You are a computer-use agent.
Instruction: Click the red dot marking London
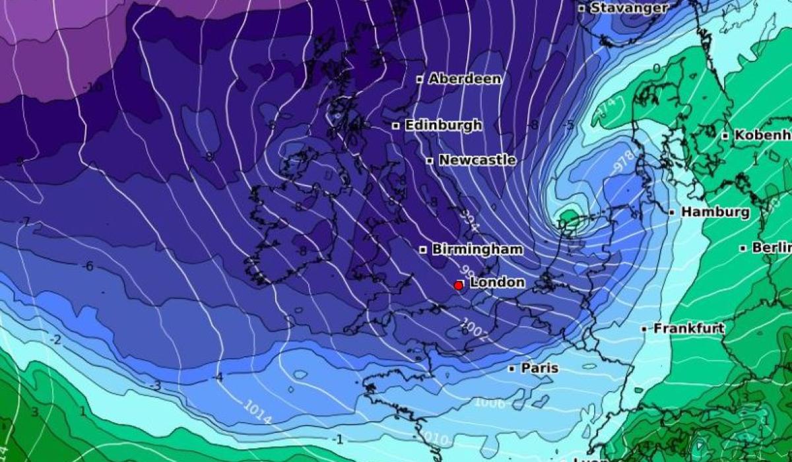[x=459, y=285]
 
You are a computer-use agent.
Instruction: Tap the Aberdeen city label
[x=465, y=79]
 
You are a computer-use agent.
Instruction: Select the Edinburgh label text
[x=443, y=125]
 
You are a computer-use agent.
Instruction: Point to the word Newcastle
[x=477, y=160]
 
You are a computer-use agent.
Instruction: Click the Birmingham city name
[x=477, y=249]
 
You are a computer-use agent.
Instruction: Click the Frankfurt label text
[x=689, y=328]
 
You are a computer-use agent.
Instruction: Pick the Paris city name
[x=540, y=368]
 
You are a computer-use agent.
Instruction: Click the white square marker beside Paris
[x=511, y=368]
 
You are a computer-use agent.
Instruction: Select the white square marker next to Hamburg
[x=672, y=213]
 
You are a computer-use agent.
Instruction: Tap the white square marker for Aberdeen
[x=420, y=79]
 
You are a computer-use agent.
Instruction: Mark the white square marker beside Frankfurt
[x=644, y=328]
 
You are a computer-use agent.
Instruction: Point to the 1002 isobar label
[x=475, y=328]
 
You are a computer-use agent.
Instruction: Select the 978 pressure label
[x=624, y=162]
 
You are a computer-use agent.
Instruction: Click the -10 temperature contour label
[x=94, y=86]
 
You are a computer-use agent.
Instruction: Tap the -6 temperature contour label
[x=88, y=266]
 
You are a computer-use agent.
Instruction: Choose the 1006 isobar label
[x=489, y=402]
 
